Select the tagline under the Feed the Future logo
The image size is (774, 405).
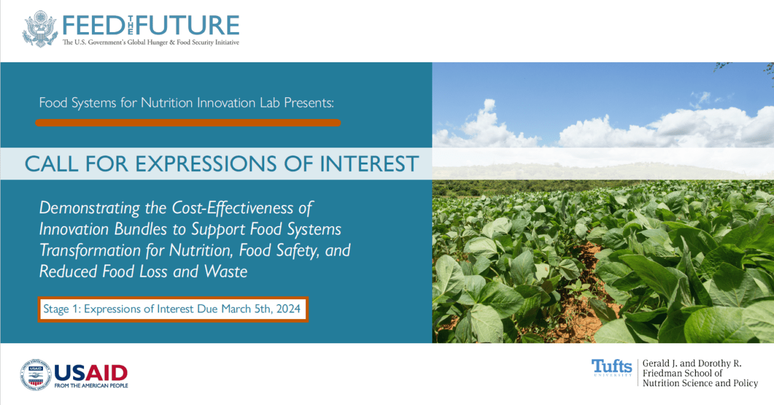(151, 42)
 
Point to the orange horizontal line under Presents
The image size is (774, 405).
(187, 123)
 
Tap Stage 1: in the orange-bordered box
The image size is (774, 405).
(61, 309)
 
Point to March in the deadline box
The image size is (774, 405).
(236, 309)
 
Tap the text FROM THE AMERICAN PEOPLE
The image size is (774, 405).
(91, 385)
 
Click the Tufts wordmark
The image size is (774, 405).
(611, 367)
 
